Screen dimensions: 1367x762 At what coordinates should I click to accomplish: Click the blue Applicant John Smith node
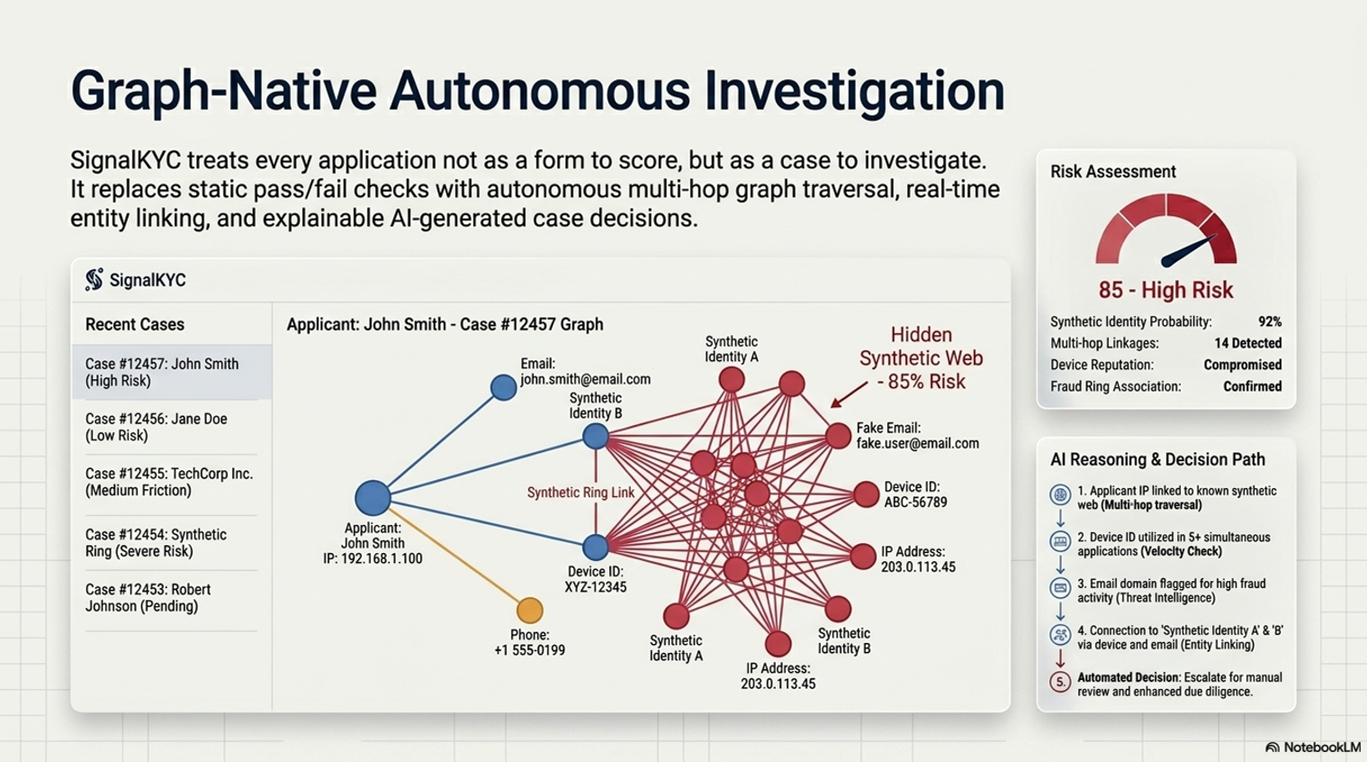pos(373,497)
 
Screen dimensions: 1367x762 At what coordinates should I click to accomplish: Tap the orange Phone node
pos(530,610)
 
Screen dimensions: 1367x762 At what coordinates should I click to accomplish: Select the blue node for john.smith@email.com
pos(503,387)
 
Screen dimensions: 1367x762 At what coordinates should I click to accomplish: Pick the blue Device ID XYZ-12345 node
pos(595,547)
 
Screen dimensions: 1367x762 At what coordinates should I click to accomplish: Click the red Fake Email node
pos(839,436)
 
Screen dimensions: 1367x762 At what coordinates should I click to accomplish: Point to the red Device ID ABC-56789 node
pos(866,494)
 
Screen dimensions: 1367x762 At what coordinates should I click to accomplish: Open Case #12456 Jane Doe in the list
pos(157,427)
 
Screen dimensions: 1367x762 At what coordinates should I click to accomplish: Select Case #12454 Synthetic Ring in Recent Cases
pos(157,543)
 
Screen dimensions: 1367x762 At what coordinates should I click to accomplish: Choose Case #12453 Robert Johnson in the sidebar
pos(148,598)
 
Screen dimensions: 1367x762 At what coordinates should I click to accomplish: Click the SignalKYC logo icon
pos(94,279)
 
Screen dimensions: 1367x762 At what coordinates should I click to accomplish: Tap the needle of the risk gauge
pos(1188,251)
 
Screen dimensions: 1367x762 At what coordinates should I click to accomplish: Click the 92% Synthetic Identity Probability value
pos(1269,322)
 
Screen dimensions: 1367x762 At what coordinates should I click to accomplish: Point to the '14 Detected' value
pos(1248,343)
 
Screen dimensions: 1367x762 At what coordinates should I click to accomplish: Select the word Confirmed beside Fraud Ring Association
pos(1253,386)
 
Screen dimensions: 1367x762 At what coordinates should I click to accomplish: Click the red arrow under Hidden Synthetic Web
pos(849,395)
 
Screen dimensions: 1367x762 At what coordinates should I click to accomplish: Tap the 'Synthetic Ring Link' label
pos(580,493)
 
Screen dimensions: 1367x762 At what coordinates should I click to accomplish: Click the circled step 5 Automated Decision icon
pos(1060,682)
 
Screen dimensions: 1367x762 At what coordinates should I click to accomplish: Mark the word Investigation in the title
pos(854,91)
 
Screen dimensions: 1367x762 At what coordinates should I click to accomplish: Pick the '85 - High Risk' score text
pos(1166,289)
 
